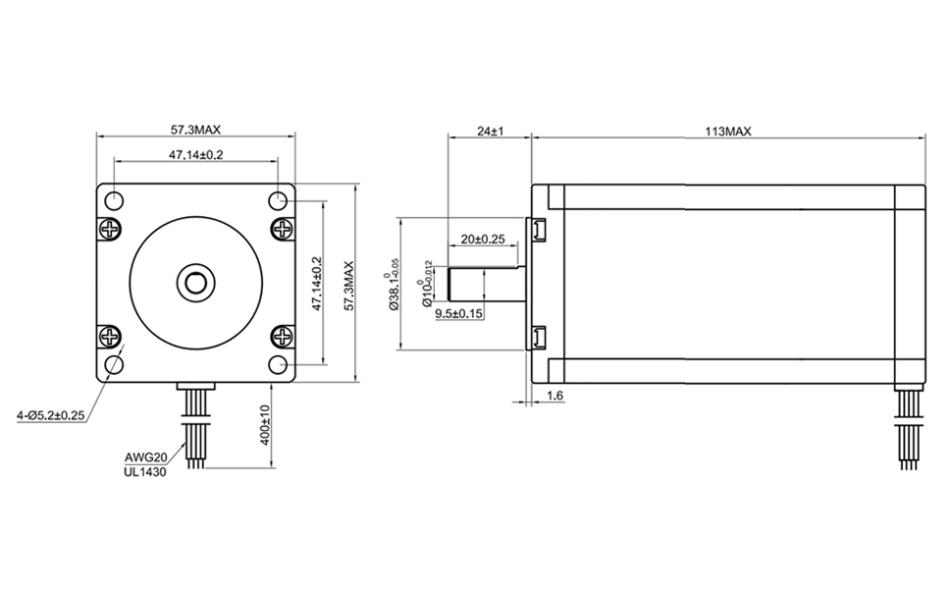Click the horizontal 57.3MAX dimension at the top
point(195,129)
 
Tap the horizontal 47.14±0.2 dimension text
point(195,154)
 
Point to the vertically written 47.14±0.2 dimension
point(316,285)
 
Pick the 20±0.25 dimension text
point(482,239)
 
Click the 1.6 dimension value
point(554,396)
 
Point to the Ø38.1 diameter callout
point(394,285)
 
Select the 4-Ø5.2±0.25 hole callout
point(45,415)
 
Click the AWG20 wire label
point(144,457)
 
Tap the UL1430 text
point(144,472)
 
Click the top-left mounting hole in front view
point(113,201)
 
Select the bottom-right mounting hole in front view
point(278,365)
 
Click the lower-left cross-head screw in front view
point(108,339)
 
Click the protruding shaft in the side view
point(486,284)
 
